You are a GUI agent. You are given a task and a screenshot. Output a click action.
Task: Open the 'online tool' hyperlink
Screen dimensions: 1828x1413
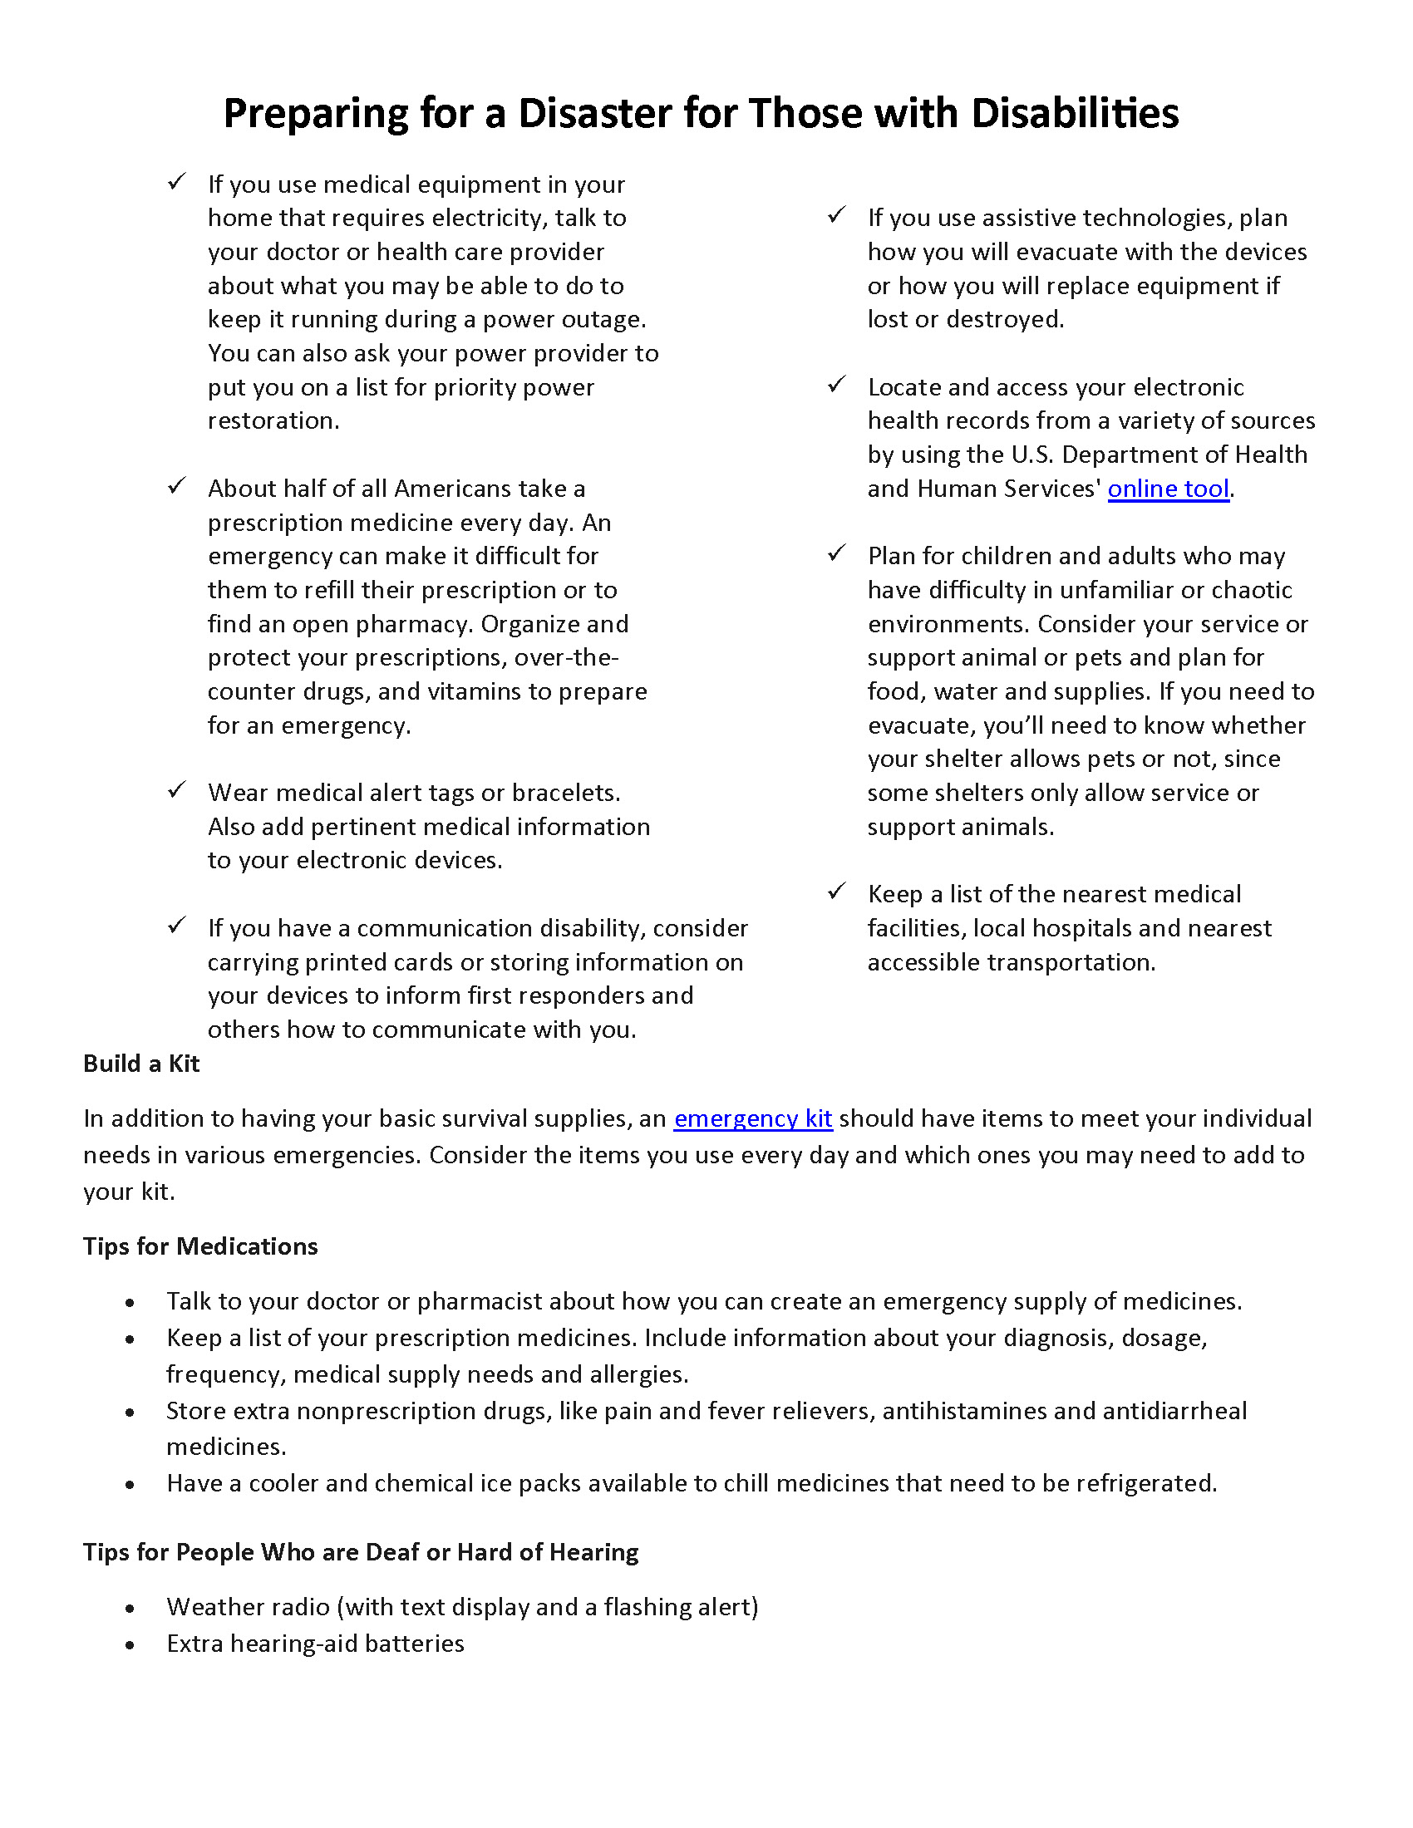1168,489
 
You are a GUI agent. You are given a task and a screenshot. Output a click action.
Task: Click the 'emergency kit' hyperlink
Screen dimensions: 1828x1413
752,1119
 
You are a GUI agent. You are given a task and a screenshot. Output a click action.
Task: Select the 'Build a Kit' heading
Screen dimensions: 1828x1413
140,1064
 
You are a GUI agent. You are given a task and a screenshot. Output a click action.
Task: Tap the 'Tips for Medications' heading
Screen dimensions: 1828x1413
200,1246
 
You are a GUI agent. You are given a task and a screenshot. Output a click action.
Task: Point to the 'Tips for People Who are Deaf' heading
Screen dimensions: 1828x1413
360,1553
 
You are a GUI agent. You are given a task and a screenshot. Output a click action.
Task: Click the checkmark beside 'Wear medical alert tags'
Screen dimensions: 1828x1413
176,790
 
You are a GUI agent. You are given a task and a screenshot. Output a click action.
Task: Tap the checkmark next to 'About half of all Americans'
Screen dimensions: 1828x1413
176,486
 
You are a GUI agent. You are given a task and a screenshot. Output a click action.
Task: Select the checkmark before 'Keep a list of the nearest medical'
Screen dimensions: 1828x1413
836,892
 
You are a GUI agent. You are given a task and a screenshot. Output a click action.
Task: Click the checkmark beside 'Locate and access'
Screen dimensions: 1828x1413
836,385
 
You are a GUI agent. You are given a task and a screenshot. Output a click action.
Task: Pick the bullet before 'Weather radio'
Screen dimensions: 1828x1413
130,1609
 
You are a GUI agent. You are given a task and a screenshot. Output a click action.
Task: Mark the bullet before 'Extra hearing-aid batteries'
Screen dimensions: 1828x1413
130,1645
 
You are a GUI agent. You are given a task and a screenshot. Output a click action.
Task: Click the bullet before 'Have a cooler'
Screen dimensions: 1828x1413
130,1485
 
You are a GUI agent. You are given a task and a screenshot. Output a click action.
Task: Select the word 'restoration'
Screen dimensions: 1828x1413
273,421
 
